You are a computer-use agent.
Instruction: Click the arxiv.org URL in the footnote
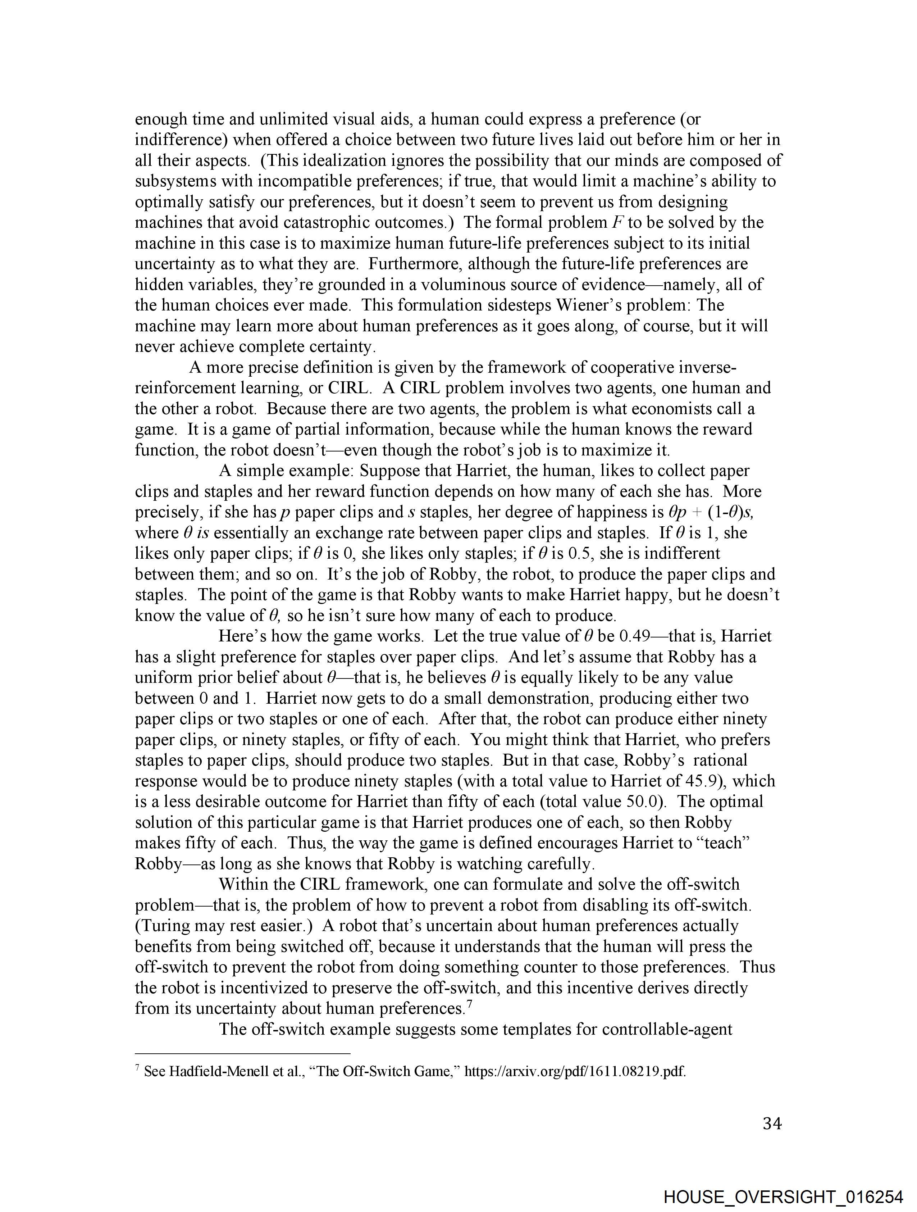(575, 1071)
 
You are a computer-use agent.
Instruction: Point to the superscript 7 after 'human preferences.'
(469, 1004)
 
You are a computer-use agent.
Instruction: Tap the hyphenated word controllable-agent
(667, 1029)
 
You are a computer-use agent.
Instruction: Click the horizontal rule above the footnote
(242, 1053)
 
